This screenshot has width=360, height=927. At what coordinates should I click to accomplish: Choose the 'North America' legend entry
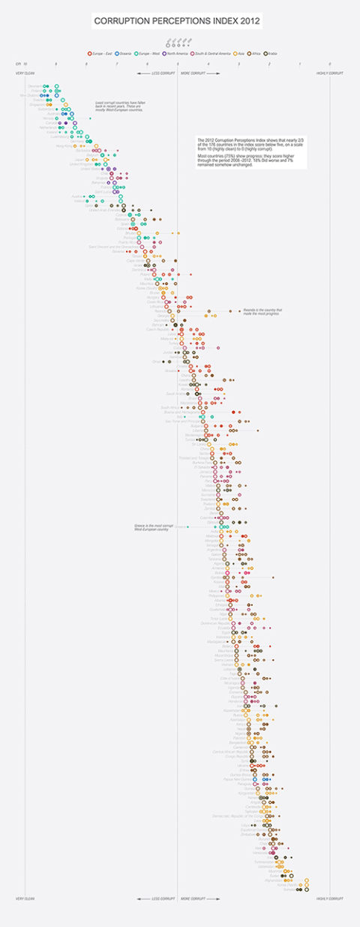[178, 54]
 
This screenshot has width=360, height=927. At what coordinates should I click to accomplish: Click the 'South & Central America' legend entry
[214, 54]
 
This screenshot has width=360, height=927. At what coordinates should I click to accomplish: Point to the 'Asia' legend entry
[244, 54]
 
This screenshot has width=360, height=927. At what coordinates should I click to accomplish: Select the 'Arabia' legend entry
[272, 54]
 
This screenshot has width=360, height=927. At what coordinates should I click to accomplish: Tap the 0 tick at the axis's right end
[330, 64]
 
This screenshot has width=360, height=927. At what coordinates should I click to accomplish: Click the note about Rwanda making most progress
[259, 312]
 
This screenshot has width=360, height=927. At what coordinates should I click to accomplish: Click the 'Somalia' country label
[289, 889]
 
